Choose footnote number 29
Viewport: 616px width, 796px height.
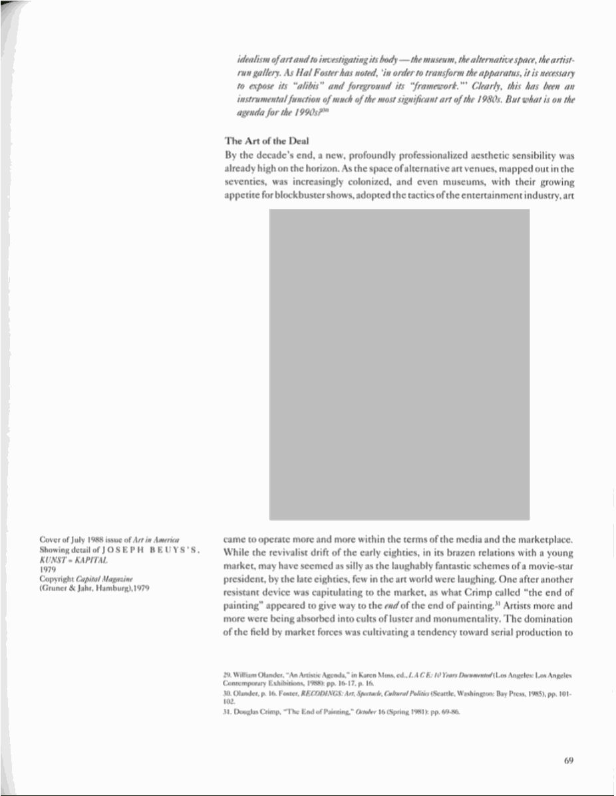point(227,676)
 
